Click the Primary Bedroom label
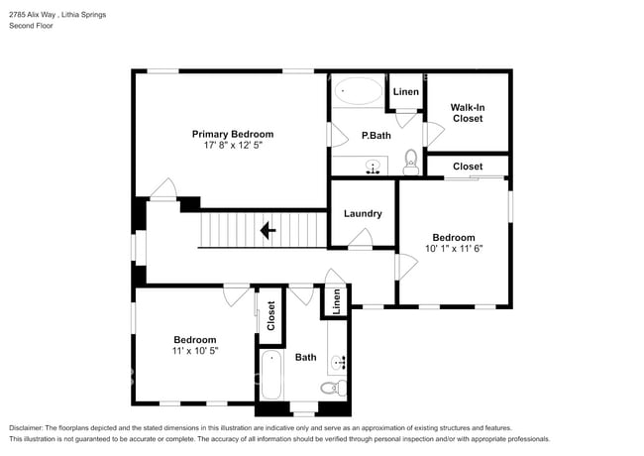233,134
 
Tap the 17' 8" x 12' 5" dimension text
233,145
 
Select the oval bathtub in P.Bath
358,91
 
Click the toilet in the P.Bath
411,162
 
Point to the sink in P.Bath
373,167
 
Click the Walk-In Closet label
468,113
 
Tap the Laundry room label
363,213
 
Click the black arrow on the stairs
268,230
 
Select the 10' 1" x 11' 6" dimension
454,248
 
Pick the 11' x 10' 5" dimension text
195,350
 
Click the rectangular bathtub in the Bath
271,375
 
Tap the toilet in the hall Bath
334,388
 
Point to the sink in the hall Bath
339,363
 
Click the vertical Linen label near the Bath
337,301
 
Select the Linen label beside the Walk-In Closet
406,91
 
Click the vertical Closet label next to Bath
270,316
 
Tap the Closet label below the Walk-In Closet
468,167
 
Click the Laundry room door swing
362,238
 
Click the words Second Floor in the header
32,26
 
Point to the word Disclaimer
26,428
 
